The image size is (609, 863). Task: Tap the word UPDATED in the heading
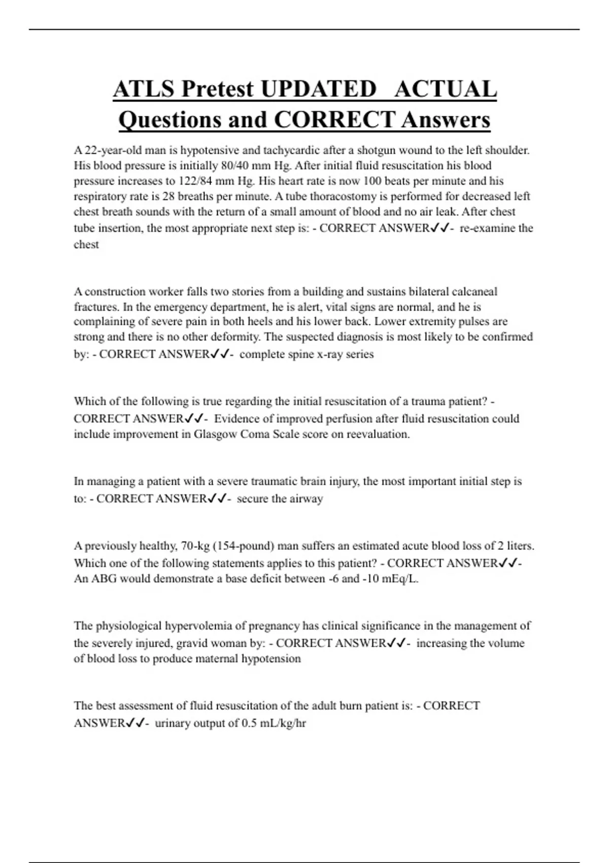click(x=318, y=89)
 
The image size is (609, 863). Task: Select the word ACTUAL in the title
click(x=445, y=89)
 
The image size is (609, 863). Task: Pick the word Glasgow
click(x=216, y=434)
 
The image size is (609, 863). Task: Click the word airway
click(x=306, y=499)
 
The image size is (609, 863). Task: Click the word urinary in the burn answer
click(x=173, y=723)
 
